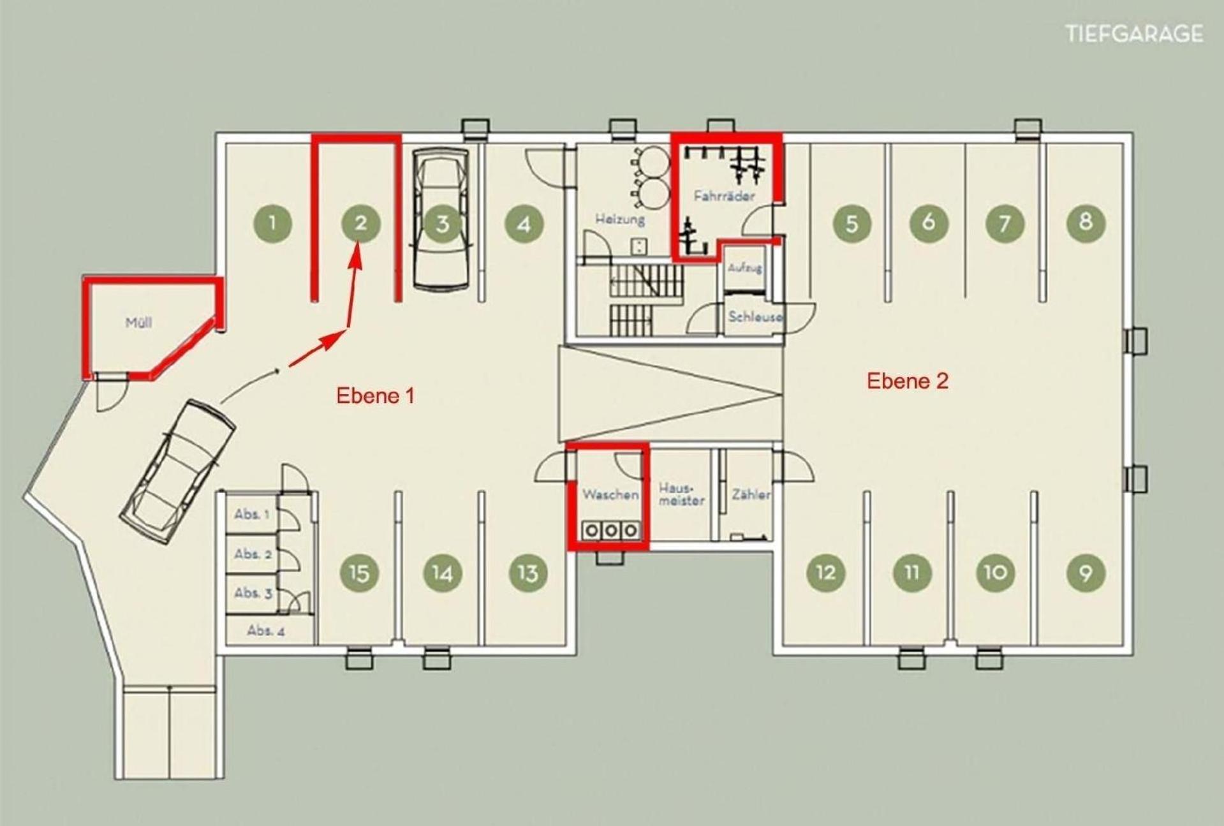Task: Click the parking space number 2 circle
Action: coord(360,223)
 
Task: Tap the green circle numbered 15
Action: coord(360,572)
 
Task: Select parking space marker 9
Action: coord(1086,572)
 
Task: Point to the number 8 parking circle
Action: coord(1086,222)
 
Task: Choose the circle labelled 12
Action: coord(826,572)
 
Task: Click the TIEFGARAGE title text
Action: coord(1135,33)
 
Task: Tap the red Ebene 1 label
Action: coord(375,395)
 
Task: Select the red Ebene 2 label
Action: coord(907,381)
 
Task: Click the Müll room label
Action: coord(138,322)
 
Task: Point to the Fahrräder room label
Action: coord(724,196)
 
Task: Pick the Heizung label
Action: coord(620,219)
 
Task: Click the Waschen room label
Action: coord(610,494)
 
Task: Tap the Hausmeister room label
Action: coord(681,494)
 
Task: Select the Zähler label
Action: coord(751,494)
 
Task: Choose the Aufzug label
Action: coord(745,268)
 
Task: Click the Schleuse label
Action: coord(755,316)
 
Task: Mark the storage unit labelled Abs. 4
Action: coord(266,631)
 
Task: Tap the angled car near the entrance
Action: coord(178,471)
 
